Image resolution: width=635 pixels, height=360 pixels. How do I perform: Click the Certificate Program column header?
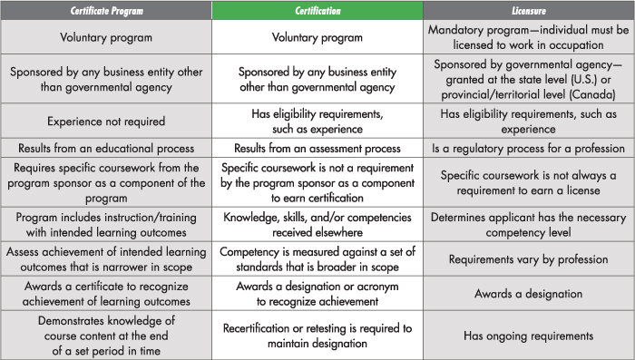click(x=105, y=10)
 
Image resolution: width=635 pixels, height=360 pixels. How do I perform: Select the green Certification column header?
click(x=317, y=10)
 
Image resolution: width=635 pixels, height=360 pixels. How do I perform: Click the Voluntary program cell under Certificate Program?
click(x=105, y=38)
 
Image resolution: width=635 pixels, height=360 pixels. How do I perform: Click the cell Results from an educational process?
click(x=105, y=148)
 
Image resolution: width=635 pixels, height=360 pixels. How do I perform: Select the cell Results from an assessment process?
click(x=317, y=148)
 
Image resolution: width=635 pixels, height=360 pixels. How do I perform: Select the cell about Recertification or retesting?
click(x=317, y=335)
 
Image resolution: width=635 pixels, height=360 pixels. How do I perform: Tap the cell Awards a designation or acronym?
click(x=317, y=293)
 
